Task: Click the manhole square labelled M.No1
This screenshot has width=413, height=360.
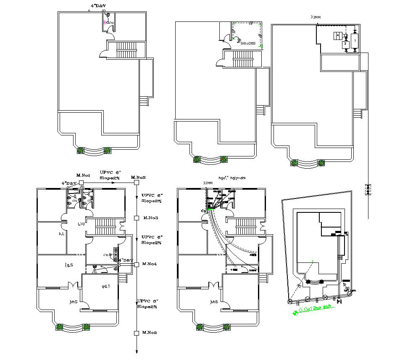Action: point(81,183)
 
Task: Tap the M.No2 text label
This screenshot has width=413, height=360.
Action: point(138,177)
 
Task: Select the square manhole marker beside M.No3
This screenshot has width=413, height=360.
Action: point(136,218)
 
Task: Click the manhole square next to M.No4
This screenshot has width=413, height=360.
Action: point(136,264)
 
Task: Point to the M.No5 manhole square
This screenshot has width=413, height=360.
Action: point(136,333)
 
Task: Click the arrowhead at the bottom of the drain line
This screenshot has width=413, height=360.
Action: point(136,352)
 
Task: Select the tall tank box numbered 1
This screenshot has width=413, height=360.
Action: point(355,40)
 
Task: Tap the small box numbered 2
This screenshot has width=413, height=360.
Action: point(345,44)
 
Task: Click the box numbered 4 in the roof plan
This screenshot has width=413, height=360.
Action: point(337,36)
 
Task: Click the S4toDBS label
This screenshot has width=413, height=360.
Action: point(248,43)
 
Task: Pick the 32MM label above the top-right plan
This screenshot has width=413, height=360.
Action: point(316,17)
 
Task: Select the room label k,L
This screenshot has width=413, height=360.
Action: point(61,233)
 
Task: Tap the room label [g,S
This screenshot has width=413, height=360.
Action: point(69,265)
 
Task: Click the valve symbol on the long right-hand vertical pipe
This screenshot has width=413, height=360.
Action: point(368,189)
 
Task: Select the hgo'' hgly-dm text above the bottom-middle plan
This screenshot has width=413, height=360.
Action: point(232,178)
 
